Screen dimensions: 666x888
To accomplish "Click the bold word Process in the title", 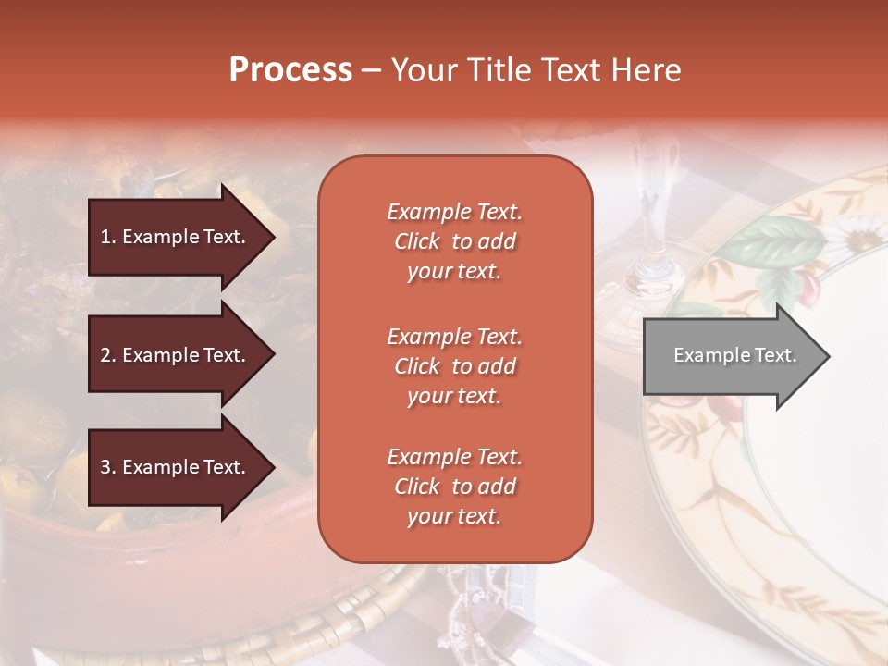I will [290, 70].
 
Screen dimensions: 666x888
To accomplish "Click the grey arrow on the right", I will [731, 356].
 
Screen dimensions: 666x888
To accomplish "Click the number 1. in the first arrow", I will [107, 237].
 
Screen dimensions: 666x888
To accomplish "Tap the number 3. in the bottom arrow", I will [107, 467].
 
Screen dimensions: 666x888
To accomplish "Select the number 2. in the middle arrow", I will [107, 355].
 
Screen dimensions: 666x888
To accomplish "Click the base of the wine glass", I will [647, 287].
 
